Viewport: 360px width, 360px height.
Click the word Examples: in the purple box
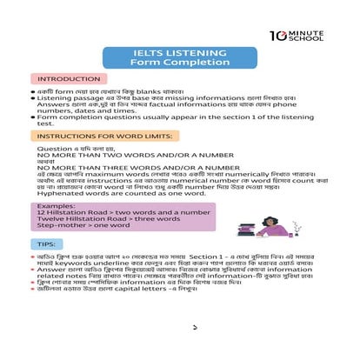57,205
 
